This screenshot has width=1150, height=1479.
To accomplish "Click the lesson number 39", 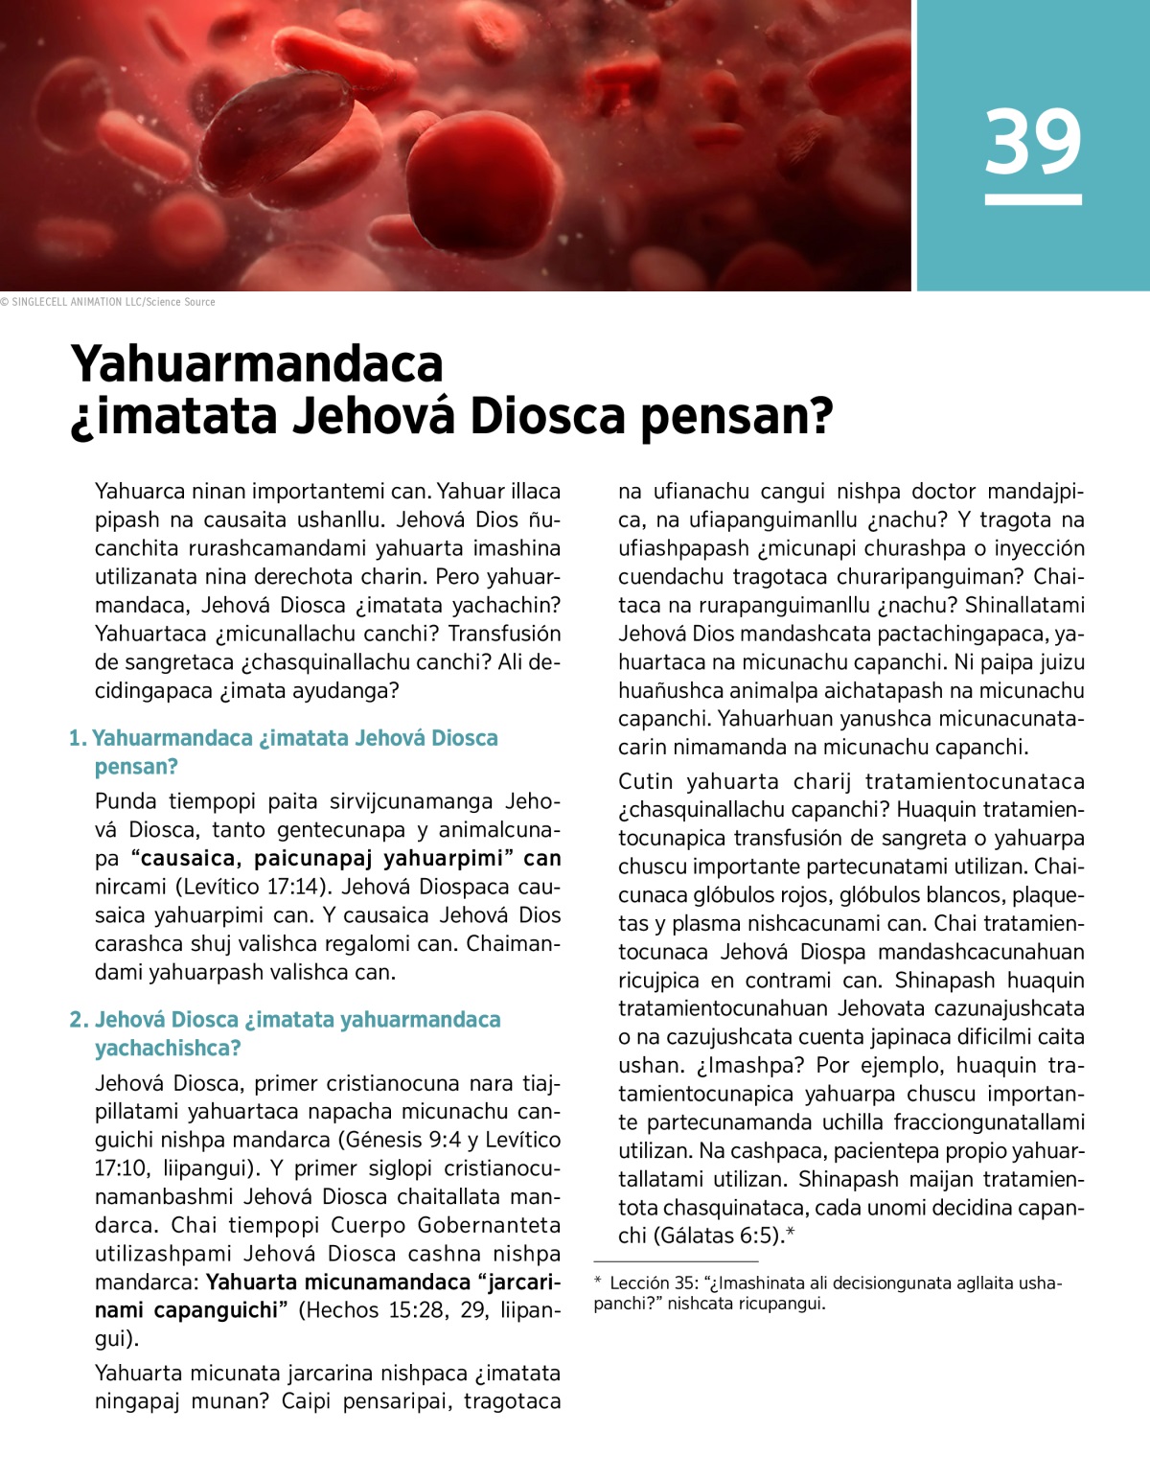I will pyautogui.click(x=1033, y=142).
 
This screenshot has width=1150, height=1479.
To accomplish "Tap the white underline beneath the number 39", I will pyautogui.click(x=1033, y=199).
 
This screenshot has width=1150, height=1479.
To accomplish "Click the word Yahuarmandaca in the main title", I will pyautogui.click(x=257, y=364).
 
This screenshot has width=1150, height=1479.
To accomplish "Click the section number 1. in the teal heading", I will pyautogui.click(x=78, y=738).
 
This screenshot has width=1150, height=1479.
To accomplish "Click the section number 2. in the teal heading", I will pyautogui.click(x=79, y=1020).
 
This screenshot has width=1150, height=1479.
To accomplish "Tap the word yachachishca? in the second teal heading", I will pyautogui.click(x=168, y=1049).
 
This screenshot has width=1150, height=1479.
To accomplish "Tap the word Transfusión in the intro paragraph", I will pyautogui.click(x=504, y=634).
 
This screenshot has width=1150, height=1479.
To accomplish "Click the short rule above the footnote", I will pyautogui.click(x=676, y=1261).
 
